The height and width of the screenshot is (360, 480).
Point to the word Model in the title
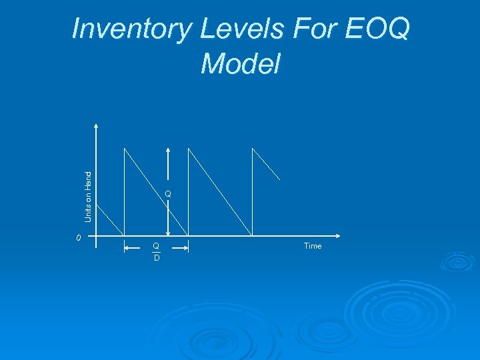pyautogui.click(x=240, y=64)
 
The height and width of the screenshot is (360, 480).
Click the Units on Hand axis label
pyautogui.click(x=88, y=196)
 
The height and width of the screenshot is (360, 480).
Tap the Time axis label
pyautogui.click(x=313, y=246)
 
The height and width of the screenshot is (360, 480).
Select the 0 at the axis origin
pyautogui.click(x=78, y=237)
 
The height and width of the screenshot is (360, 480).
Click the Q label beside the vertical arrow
pyautogui.click(x=168, y=194)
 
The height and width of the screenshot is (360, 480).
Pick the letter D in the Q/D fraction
pyautogui.click(x=157, y=257)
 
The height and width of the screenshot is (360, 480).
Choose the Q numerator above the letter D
pyautogui.click(x=156, y=245)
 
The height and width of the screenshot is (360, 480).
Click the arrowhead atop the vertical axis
pyautogui.click(x=97, y=125)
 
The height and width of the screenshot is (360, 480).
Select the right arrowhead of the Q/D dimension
pyautogui.click(x=186, y=247)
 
